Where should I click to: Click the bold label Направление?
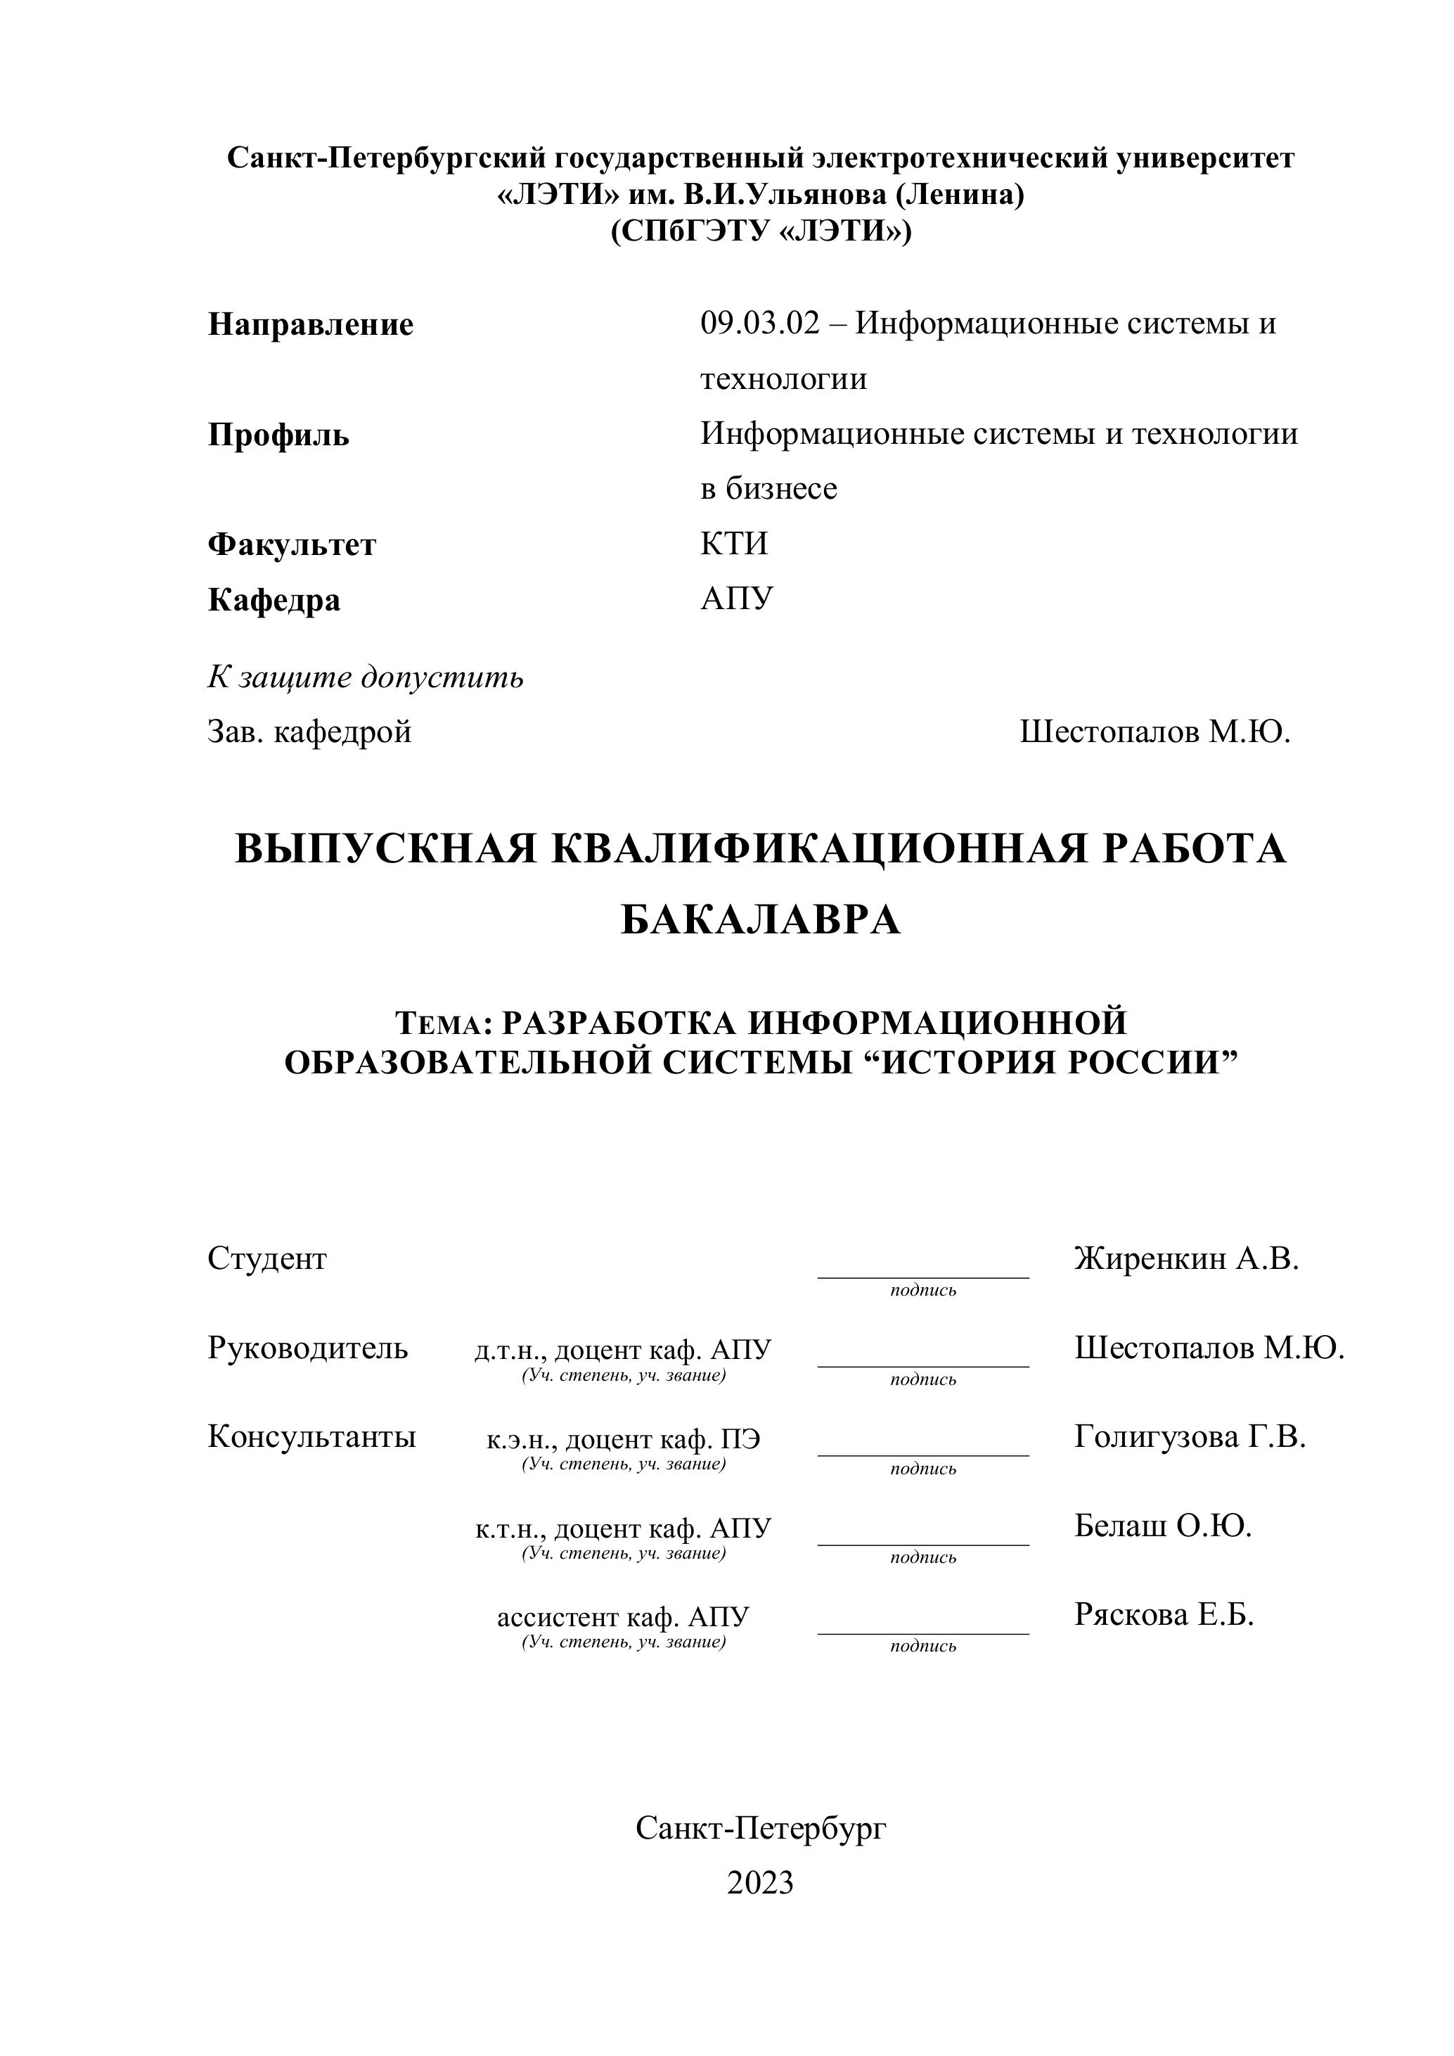tap(310, 324)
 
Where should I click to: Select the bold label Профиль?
tap(278, 435)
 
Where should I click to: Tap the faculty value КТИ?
tap(733, 544)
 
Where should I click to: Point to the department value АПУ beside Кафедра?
tap(736, 598)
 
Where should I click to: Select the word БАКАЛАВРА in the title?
tap(760, 919)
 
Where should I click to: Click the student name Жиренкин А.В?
tap(1185, 1258)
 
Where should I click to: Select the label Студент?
tap(266, 1258)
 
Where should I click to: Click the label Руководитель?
tap(307, 1347)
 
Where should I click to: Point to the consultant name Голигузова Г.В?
tap(1189, 1436)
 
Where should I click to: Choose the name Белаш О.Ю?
tap(1162, 1525)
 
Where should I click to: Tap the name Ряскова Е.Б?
tap(1163, 1614)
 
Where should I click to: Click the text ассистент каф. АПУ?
tap(622, 1617)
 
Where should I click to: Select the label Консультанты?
tap(311, 1436)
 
